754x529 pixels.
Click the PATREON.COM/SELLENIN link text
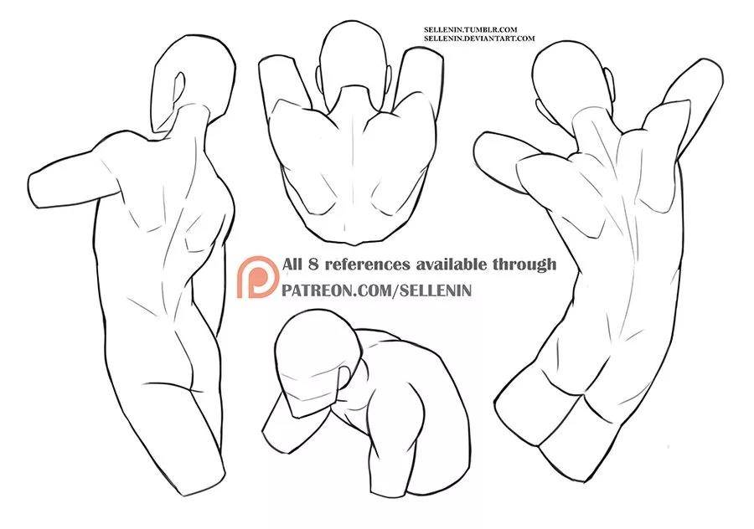[376, 290]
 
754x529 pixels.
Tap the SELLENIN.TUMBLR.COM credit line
[470, 30]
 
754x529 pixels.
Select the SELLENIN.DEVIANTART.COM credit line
[479, 38]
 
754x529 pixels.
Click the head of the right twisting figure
[572, 80]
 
